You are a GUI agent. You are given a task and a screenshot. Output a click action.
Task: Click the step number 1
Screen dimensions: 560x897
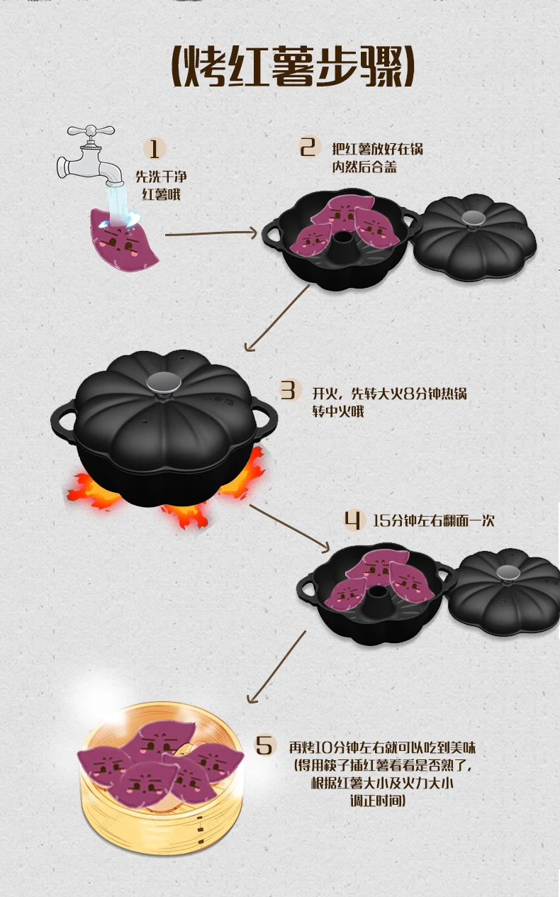click(x=155, y=149)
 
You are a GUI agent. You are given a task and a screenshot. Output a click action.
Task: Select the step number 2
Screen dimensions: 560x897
click(x=308, y=147)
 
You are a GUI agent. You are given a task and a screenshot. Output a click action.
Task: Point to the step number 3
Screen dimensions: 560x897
click(x=288, y=391)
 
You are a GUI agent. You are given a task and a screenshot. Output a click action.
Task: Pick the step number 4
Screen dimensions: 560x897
click(x=352, y=520)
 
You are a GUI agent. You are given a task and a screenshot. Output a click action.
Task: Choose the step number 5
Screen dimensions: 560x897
click(x=264, y=745)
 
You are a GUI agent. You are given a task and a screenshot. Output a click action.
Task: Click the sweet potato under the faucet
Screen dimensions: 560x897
click(x=124, y=239)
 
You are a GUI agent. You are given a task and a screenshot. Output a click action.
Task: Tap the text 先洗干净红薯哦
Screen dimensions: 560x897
click(x=161, y=185)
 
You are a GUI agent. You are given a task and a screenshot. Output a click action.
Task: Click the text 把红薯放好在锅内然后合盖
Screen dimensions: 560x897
click(x=378, y=158)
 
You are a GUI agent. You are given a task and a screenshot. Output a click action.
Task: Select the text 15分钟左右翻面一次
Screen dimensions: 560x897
click(x=433, y=520)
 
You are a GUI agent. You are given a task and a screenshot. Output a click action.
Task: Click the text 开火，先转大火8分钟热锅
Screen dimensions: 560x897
click(x=389, y=392)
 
